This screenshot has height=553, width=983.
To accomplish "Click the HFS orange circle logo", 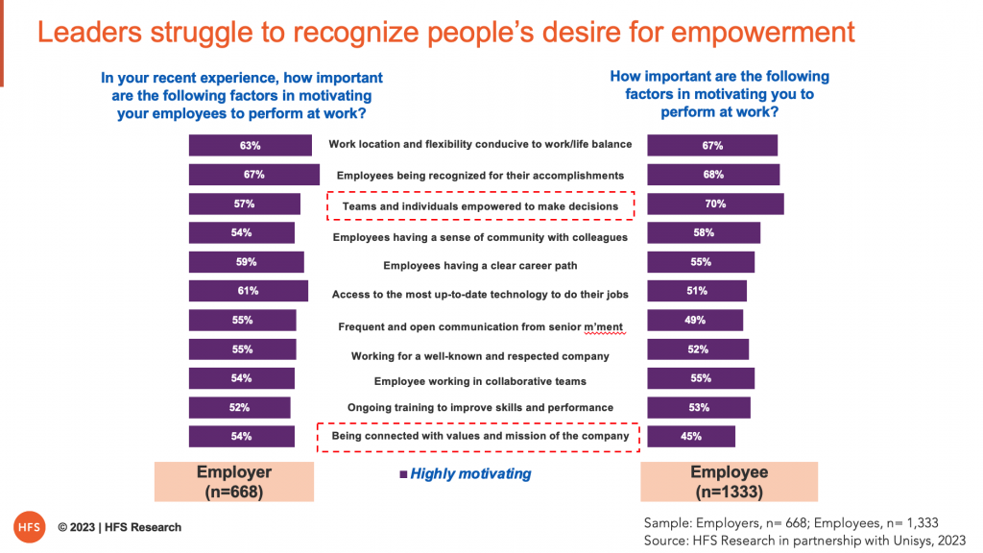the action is coord(30,527).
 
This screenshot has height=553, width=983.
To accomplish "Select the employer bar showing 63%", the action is coord(251,146).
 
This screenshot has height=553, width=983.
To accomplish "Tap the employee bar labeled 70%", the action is coord(715,204).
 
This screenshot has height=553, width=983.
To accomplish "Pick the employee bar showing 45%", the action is coord(691,437).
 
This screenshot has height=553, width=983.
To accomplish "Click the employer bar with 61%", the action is coord(249,291).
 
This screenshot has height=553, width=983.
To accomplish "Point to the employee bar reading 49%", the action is coord(695,320).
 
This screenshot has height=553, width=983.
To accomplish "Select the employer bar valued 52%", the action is coord(239,407).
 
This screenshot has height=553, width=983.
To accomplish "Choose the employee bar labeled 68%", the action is coord(713,175).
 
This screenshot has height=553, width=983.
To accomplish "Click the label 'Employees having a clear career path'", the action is coord(480,266).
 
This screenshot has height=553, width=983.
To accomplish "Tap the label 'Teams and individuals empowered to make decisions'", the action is coord(480,206).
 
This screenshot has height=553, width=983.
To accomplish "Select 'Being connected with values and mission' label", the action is coord(480,436).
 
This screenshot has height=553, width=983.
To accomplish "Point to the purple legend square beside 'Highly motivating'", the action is coord(403,474).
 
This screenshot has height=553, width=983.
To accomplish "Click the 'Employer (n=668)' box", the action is coord(234,482).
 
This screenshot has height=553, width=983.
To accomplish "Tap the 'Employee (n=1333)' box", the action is coord(730,482).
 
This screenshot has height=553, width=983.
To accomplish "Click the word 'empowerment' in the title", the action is coord(763,33).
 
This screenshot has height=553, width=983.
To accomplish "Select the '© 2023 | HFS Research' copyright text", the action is coord(120,527).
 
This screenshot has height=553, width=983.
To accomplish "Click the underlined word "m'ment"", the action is coord(604,326).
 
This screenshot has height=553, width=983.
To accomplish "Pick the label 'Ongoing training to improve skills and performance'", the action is coord(480,407).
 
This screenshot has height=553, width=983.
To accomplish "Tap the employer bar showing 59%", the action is coord(247,262).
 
